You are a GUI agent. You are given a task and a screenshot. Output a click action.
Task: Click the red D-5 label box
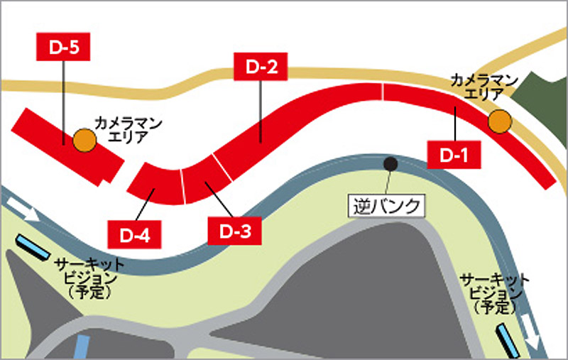point(64,47)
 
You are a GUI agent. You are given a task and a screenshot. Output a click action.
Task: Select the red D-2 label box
point(261,68)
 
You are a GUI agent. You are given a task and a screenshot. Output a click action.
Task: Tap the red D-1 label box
point(454,153)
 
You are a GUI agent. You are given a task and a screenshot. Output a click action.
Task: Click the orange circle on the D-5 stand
point(84,139)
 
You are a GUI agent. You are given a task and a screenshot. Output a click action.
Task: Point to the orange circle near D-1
point(500,121)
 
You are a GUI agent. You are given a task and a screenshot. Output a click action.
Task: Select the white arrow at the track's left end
point(25,208)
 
